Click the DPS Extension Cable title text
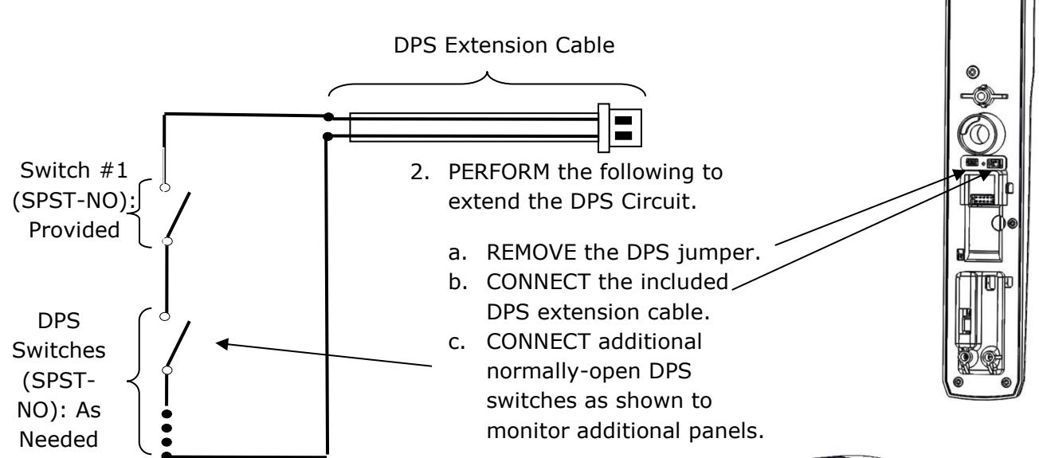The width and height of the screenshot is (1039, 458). tap(504, 45)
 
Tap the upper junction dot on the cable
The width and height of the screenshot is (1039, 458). tap(328, 117)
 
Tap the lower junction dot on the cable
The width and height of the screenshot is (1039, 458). tap(327, 136)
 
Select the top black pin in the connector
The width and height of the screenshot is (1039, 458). tap(623, 120)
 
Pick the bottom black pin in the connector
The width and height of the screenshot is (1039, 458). tap(623, 136)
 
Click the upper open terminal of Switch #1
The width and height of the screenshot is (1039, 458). tap(165, 187)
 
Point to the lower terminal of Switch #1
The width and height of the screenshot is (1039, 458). tap(167, 241)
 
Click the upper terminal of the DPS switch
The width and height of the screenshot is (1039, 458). tap(165, 316)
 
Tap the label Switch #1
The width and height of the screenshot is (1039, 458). tap(74, 170)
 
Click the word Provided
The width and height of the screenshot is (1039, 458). tap(74, 230)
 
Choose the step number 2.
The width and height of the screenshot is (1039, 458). tap(420, 172)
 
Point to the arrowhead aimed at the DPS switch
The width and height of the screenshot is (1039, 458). tap(222, 344)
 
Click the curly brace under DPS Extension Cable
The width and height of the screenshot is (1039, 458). tap(487, 83)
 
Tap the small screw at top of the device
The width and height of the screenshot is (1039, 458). tap(973, 72)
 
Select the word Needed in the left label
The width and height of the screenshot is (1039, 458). tap(58, 440)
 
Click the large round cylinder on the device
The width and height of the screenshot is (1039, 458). tap(982, 135)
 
